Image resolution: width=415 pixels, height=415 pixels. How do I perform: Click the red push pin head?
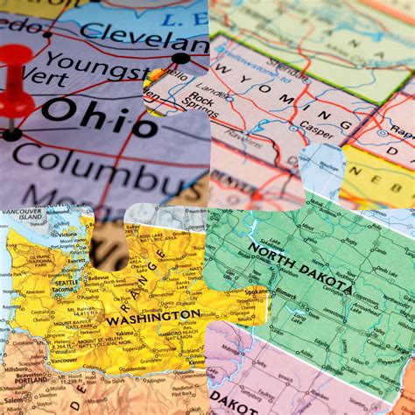16,75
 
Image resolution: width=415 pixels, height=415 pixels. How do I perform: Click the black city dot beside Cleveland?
180,59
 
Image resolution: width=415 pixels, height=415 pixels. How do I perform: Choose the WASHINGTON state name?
153,317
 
